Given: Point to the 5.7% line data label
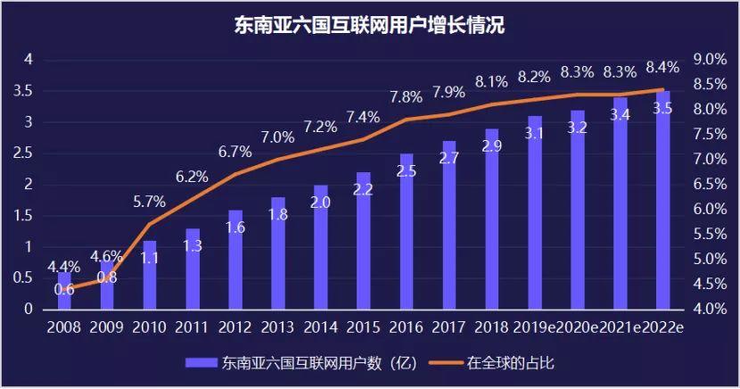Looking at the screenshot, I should pyautogui.click(x=150, y=202).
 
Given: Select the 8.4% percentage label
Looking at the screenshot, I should pyautogui.click(x=662, y=67).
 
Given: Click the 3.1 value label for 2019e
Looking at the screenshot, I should pyautogui.click(x=535, y=134).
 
